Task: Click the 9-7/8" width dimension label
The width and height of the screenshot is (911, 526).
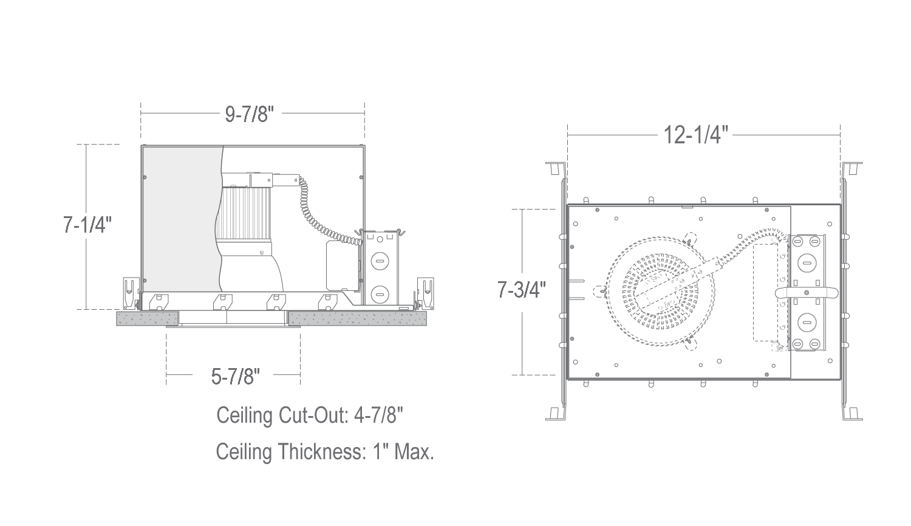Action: coord(249,114)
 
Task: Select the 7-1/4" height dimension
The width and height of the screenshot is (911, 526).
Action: coord(87,224)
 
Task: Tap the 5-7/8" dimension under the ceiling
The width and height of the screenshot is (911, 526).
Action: coord(236,376)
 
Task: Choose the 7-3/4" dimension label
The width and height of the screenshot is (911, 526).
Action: coord(521,290)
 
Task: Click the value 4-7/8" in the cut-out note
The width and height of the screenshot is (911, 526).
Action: coord(378,415)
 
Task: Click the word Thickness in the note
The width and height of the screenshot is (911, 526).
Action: coord(322,451)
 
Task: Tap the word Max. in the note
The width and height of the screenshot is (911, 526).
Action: coord(414,451)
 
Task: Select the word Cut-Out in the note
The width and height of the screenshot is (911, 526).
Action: coord(313,415)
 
